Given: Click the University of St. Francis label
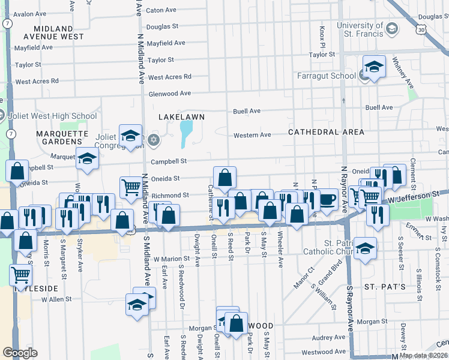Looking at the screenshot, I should [x=359, y=29].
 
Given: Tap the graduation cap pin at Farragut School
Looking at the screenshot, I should [x=374, y=67].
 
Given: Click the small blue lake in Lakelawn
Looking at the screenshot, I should [x=186, y=133].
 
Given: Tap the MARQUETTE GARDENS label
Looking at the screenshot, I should [x=58, y=137].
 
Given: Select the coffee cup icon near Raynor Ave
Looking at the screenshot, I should [x=327, y=199].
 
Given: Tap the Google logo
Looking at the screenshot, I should [x=20, y=353].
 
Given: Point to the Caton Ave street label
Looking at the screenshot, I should [x=161, y=10].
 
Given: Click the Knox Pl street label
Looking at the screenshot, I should [x=322, y=37].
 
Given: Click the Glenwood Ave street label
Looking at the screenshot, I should [x=169, y=93].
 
